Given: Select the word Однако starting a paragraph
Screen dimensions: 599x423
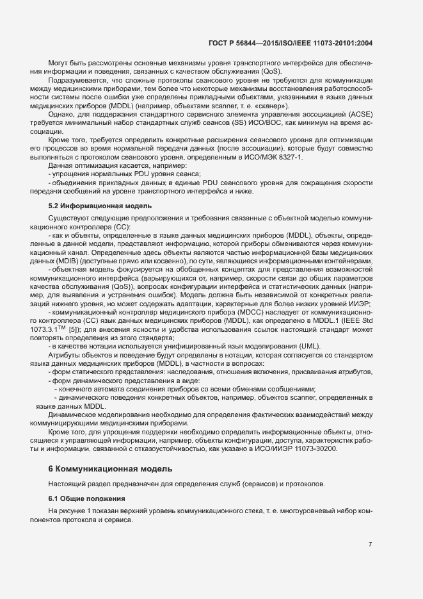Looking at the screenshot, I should coord(60,122).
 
